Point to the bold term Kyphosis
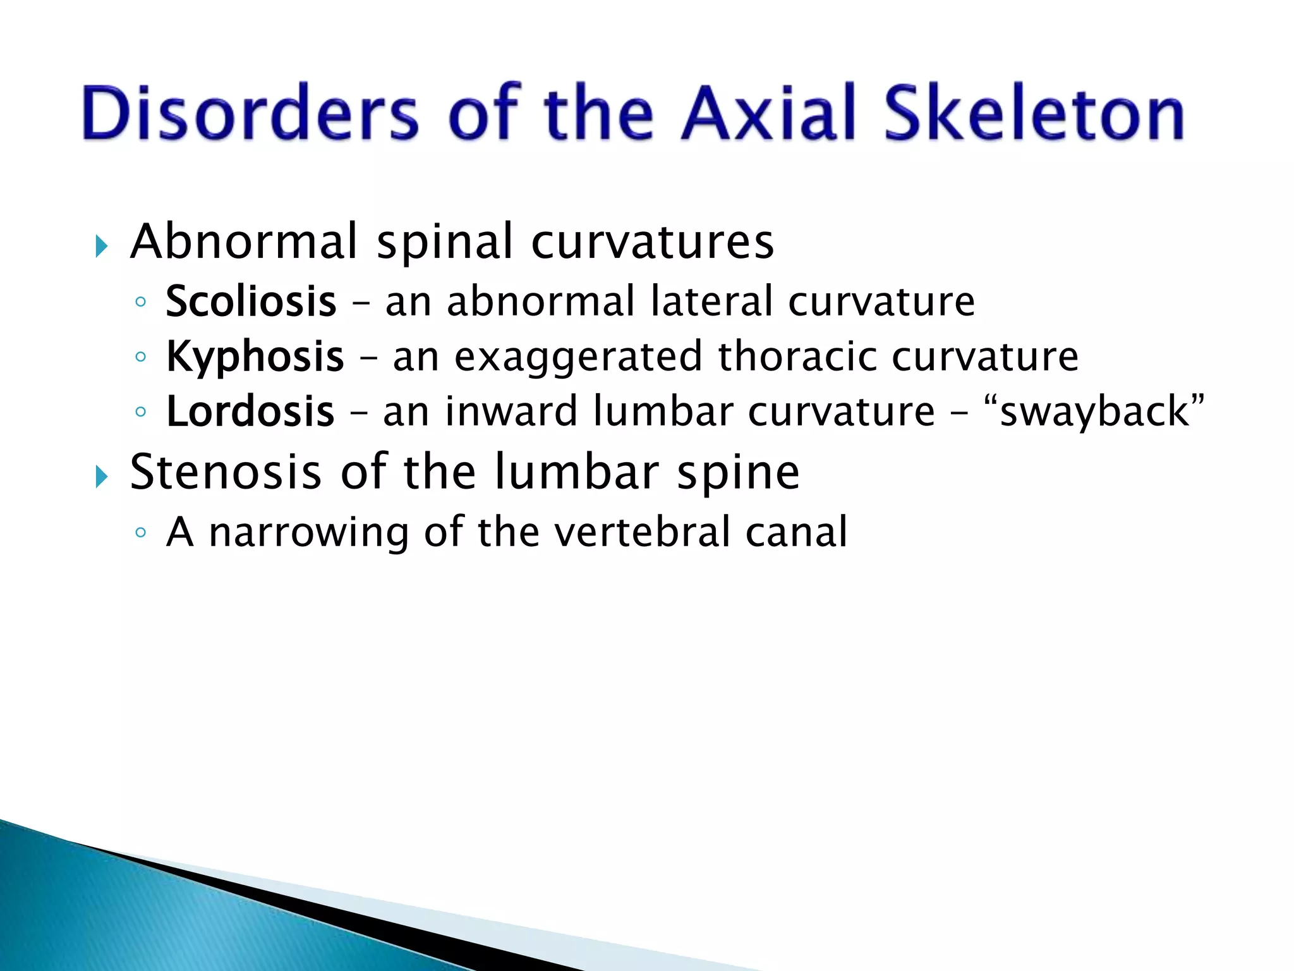(x=255, y=357)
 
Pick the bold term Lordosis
(x=250, y=412)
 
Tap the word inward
(x=511, y=412)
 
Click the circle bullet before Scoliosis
(x=140, y=302)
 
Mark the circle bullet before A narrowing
(x=140, y=533)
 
